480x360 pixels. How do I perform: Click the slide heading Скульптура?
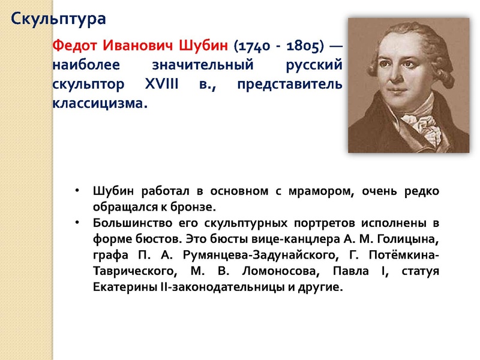tap(59, 19)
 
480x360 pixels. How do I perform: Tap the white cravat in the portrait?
tap(414, 117)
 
